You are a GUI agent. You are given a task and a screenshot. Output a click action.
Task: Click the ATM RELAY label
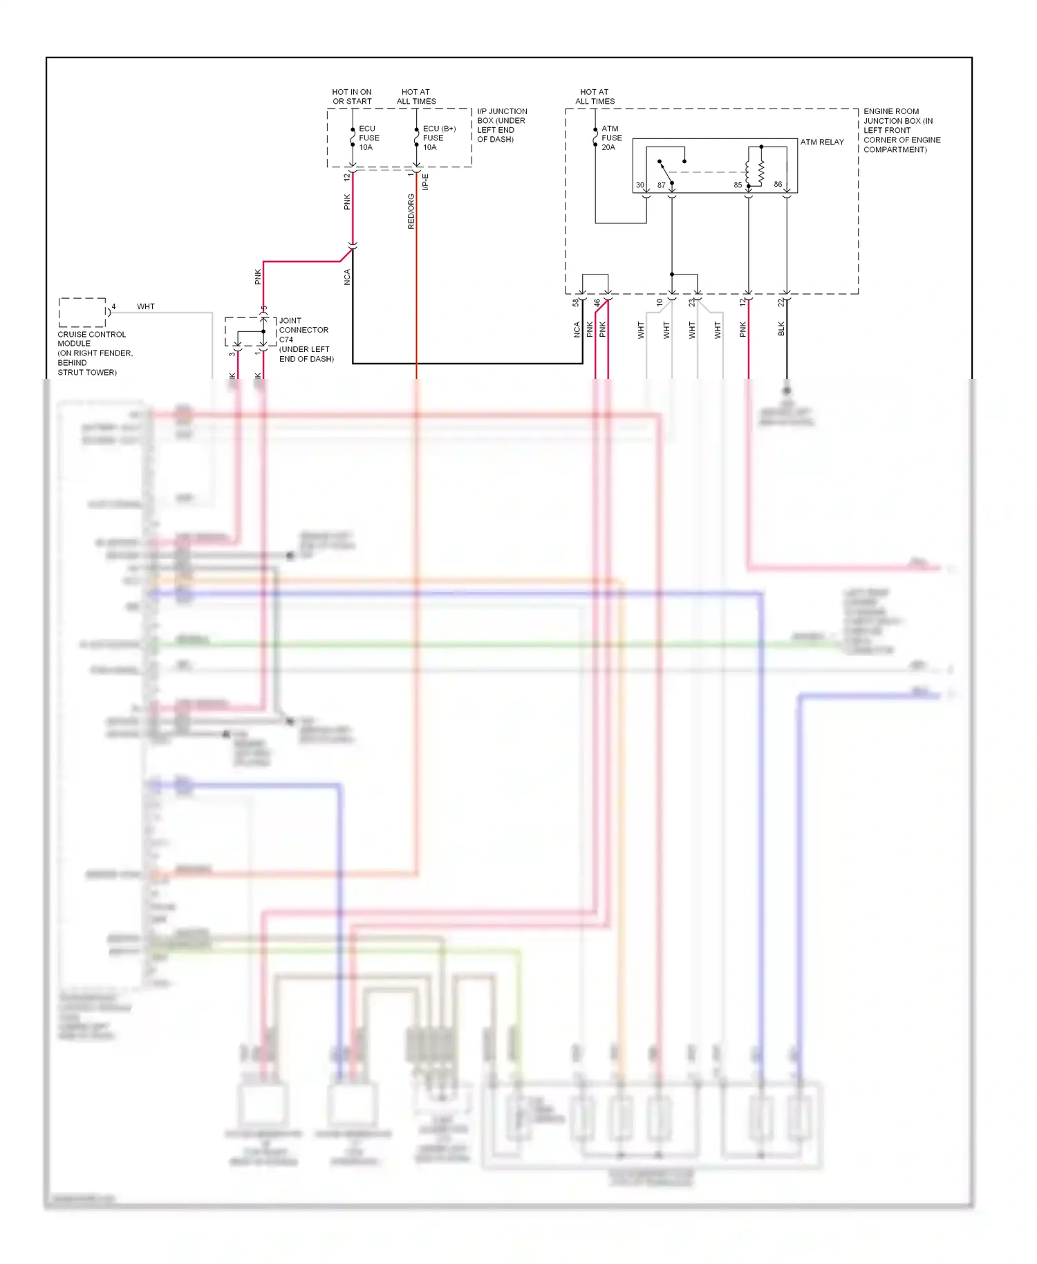coord(822,142)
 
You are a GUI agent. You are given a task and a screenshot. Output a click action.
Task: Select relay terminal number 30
coord(640,185)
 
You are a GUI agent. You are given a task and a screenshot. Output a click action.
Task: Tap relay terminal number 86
coord(778,185)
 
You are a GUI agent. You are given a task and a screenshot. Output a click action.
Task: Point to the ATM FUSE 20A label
coord(611,138)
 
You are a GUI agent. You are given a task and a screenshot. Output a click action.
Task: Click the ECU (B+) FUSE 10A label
coord(438,138)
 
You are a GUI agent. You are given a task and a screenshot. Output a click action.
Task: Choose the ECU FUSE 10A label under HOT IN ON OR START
coord(368,138)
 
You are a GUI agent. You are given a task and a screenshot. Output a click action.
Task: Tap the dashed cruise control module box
coord(82,313)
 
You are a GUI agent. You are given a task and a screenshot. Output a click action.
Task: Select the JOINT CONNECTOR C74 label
coord(305,340)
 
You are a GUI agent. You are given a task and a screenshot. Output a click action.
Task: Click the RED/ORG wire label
coord(411,212)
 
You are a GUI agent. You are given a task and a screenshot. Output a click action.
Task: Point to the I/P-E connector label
coord(425,182)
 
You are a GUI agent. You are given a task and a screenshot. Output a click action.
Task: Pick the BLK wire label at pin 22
coord(781,329)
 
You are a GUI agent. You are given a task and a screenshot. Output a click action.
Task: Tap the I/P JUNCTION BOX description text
coord(501,125)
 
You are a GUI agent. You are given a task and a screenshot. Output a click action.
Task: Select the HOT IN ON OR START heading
coord(352,96)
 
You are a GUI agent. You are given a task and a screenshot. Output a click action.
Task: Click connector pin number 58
coord(576,302)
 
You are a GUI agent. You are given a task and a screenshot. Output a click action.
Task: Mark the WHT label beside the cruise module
coord(146,306)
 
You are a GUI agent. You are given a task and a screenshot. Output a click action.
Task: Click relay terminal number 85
coord(738,185)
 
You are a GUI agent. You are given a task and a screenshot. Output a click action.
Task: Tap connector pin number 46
coord(597,302)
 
